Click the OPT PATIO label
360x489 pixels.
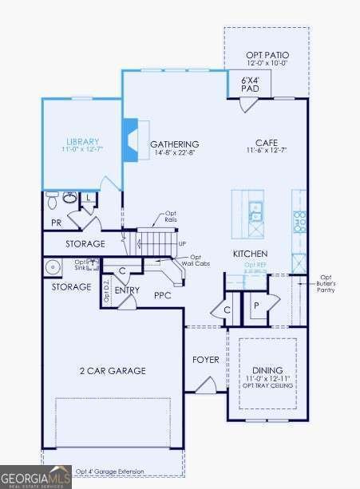coord(266,54)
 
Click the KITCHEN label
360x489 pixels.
coord(249,253)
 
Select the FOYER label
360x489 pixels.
coord(205,360)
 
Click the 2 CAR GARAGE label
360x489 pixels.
coord(112,371)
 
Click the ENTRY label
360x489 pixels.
coord(127,290)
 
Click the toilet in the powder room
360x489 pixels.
coord(51,196)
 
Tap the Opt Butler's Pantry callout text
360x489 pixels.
coord(326,282)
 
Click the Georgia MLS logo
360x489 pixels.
coord(36,476)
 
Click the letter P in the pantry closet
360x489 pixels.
coord(257,306)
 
